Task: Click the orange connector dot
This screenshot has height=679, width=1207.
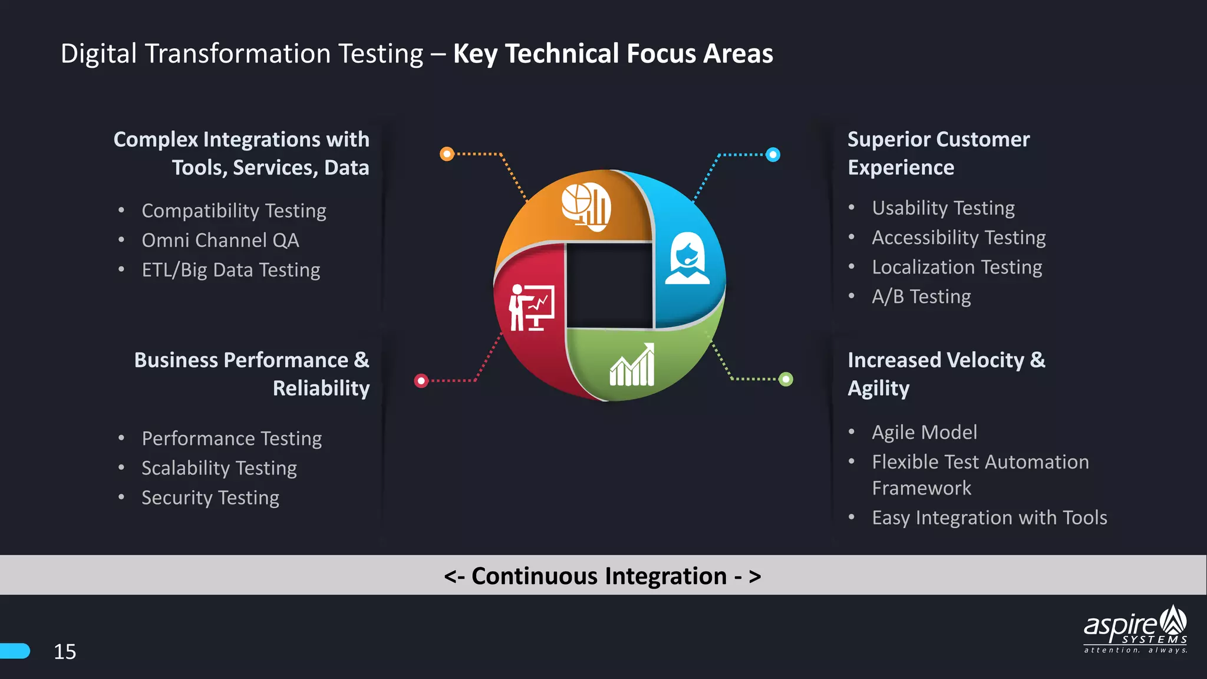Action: pyautogui.click(x=447, y=154)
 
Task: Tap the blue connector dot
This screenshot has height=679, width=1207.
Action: pyautogui.click(x=773, y=155)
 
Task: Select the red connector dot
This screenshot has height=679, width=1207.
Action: pyautogui.click(x=421, y=381)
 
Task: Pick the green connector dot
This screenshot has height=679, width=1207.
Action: pyautogui.click(x=786, y=379)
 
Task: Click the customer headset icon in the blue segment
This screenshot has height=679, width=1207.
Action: pyautogui.click(x=687, y=259)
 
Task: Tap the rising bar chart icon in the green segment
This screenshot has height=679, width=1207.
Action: pyautogui.click(x=632, y=365)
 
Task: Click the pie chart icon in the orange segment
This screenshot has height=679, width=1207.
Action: pyautogui.click(x=586, y=205)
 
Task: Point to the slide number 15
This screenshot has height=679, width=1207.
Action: pyautogui.click(x=65, y=651)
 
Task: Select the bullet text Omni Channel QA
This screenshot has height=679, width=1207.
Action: pyautogui.click(x=220, y=240)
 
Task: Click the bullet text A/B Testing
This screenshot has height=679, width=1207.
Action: pyautogui.click(x=921, y=296)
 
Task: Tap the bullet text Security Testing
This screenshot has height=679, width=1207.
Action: pyautogui.click(x=210, y=498)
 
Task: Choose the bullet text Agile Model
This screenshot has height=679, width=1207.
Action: pyautogui.click(x=924, y=433)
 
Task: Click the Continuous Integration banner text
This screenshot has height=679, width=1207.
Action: pyautogui.click(x=602, y=576)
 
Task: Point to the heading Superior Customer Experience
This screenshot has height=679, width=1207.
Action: pyautogui.click(x=938, y=153)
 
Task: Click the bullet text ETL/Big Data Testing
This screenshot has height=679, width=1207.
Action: pyautogui.click(x=231, y=270)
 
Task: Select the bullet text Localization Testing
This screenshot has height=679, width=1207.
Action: pyautogui.click(x=957, y=267)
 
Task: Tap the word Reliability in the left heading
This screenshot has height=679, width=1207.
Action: pyautogui.click(x=321, y=388)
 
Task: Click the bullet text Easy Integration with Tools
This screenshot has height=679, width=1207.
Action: pyautogui.click(x=990, y=518)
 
